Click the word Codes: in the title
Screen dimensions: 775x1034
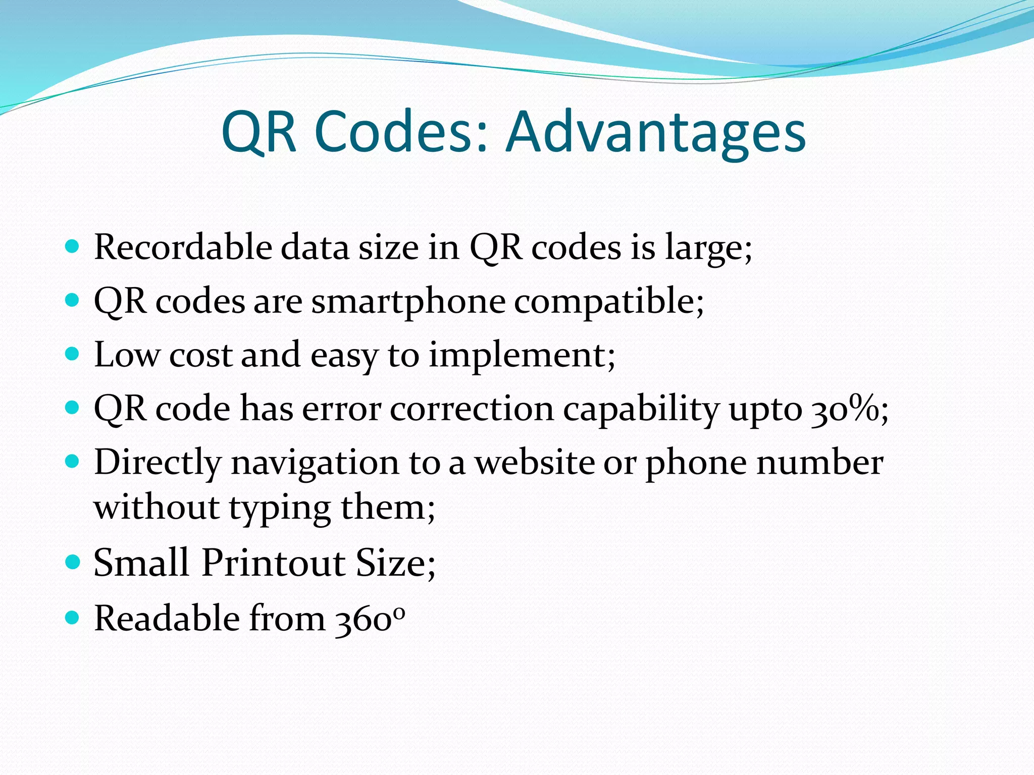point(401,132)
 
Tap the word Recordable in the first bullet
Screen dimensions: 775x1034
point(183,247)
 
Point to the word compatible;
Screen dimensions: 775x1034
point(609,301)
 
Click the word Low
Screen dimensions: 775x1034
point(126,355)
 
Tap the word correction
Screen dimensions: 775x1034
point(472,409)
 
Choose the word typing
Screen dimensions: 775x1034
point(280,508)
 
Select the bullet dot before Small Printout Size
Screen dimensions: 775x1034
point(73,562)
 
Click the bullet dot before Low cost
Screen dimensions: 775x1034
point(73,354)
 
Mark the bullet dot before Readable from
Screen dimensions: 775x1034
point(73,617)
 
